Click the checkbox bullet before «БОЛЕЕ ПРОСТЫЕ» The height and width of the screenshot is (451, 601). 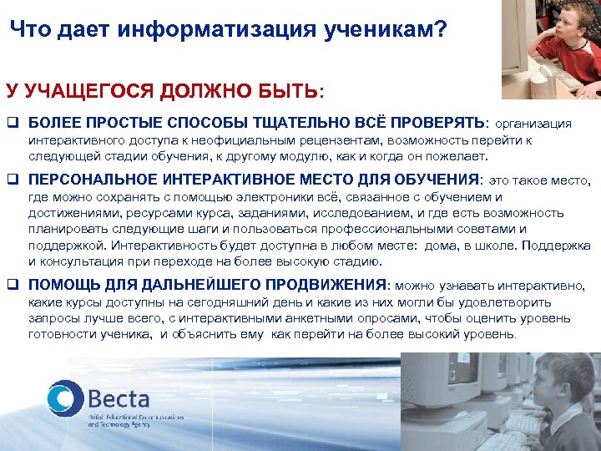click(15, 124)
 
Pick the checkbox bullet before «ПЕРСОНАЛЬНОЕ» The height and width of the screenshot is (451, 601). click(15, 179)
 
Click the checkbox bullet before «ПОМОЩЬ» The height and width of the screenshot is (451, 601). click(15, 284)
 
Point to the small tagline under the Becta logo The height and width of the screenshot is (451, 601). click(122, 420)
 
